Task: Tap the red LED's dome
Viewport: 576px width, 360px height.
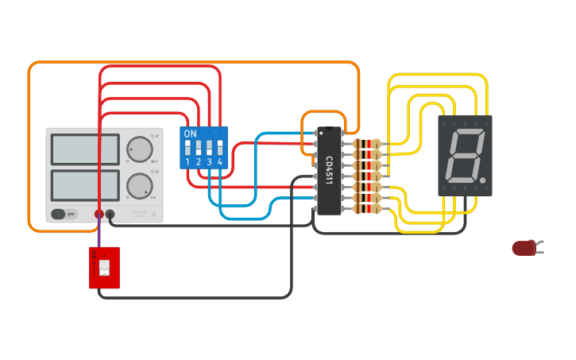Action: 523,248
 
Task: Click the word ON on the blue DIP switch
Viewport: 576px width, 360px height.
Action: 190,134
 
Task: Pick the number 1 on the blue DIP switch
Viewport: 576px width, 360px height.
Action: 188,162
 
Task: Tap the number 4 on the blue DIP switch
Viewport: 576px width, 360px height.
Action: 220,162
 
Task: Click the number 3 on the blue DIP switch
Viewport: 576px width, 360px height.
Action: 209,162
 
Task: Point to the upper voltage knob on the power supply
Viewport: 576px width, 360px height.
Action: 139,149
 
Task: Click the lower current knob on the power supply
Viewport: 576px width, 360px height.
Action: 139,186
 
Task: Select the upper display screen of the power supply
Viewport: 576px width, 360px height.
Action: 85,149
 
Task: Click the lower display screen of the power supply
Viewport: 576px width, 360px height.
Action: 85,185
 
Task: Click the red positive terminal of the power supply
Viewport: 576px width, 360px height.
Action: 99,214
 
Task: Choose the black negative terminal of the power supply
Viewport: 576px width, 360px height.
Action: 110,214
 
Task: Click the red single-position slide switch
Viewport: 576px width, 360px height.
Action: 104,268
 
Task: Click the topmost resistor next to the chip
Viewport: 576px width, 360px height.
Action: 367,144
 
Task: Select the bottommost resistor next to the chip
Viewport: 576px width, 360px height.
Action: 367,209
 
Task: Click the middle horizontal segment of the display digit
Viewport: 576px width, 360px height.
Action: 466,156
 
